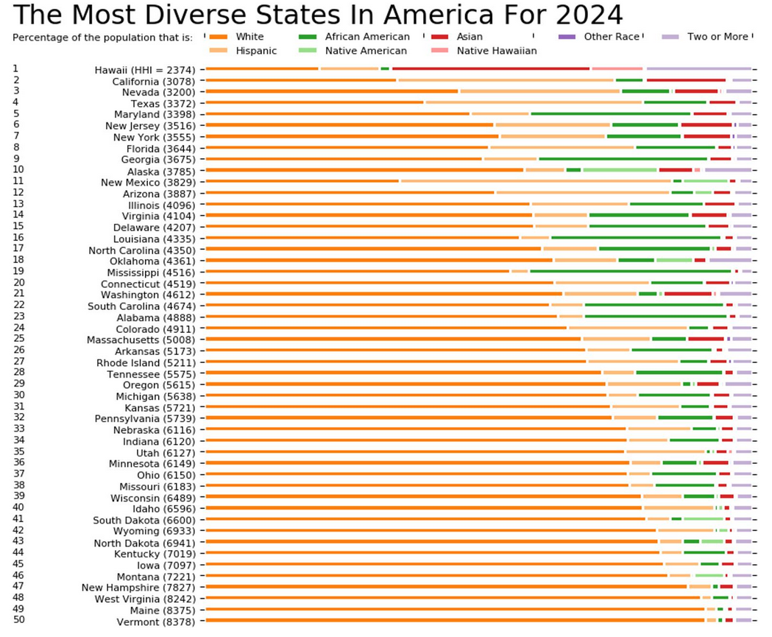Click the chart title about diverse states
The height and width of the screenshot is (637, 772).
click(x=318, y=15)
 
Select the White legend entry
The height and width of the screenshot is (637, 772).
click(x=249, y=37)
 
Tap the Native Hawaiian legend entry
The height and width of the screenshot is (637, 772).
click(x=497, y=51)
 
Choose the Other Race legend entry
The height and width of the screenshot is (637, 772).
click(x=612, y=37)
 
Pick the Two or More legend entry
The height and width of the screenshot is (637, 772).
click(x=718, y=37)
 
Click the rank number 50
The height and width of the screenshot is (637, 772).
click(x=19, y=619)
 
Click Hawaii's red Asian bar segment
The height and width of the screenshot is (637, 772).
click(x=491, y=68)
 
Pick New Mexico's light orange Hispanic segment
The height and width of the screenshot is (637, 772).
click(x=536, y=181)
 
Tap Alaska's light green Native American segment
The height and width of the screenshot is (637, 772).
click(x=620, y=170)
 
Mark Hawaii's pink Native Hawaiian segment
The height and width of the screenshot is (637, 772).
click(x=617, y=68)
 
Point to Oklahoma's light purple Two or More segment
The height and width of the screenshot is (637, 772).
click(x=729, y=261)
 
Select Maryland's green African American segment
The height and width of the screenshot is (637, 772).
click(x=611, y=114)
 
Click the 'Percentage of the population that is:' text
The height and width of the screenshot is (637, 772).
click(x=103, y=37)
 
